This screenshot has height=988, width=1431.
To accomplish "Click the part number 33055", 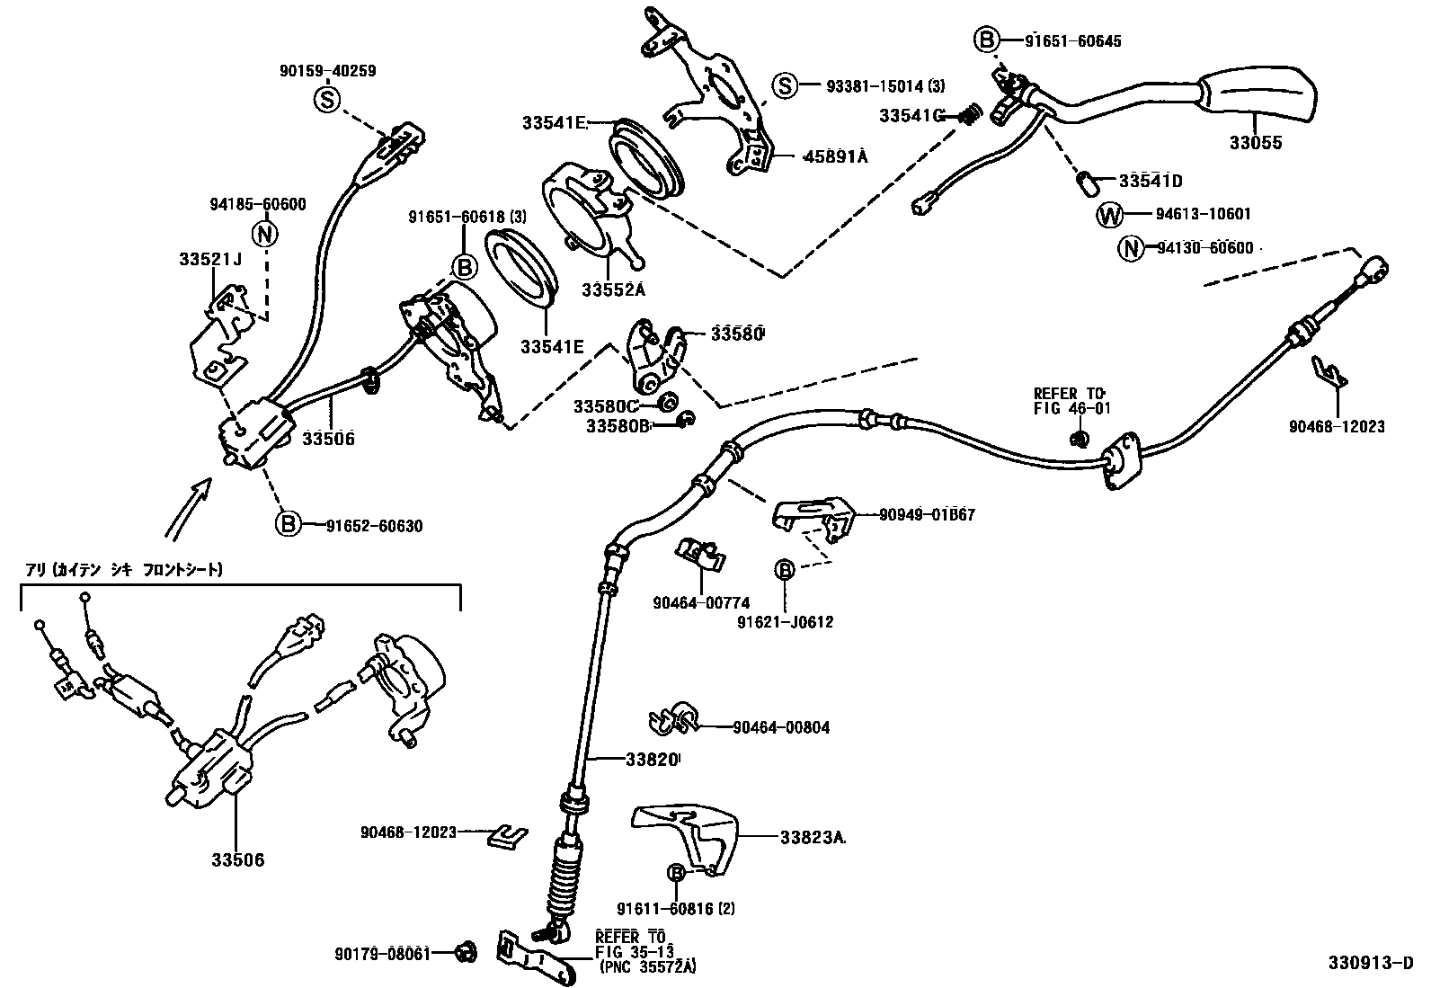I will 1256,143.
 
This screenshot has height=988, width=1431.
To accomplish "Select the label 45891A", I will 835,156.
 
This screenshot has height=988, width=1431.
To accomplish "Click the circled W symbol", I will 1111,215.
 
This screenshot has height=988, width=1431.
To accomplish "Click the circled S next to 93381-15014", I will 785,86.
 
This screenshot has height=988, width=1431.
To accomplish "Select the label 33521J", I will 210,260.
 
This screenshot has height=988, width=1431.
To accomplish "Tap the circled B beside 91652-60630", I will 288,523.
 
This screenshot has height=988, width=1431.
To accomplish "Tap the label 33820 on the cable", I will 651,759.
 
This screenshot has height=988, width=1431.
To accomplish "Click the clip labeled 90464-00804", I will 670,719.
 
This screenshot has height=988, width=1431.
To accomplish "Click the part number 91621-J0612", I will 785,621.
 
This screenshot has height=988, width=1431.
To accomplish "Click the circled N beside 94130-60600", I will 1130,249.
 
